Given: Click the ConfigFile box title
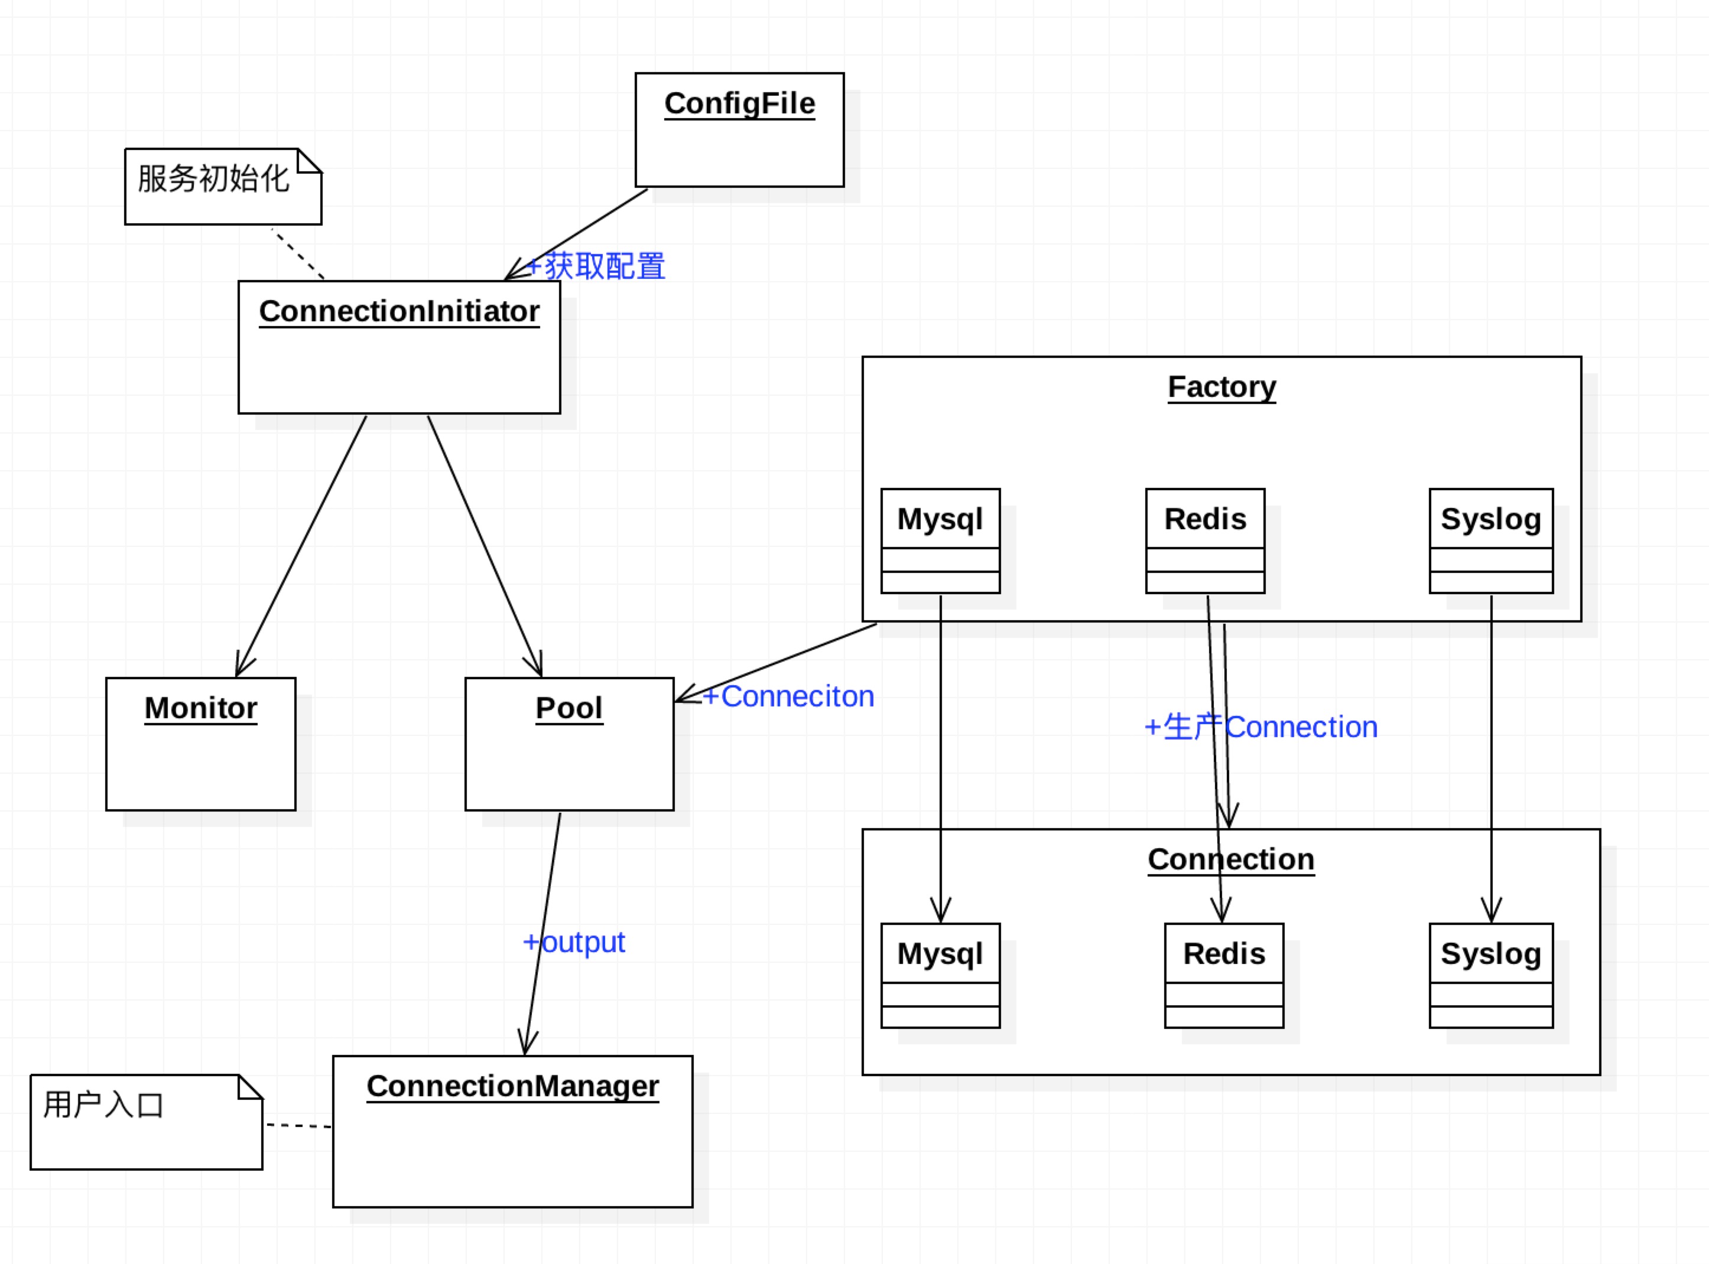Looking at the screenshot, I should click(739, 103).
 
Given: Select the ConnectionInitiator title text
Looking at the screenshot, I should click(399, 311).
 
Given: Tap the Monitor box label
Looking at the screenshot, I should click(200, 708).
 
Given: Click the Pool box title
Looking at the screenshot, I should click(568, 708).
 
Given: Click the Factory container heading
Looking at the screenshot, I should click(1221, 386).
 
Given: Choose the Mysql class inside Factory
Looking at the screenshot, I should click(940, 520).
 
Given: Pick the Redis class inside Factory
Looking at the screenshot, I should click(1205, 520).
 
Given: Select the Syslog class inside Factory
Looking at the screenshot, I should click(1490, 520).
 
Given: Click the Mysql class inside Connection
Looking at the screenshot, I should click(940, 954).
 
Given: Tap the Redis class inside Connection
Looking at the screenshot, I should click(1224, 954).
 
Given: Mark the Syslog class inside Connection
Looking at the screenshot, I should click(1490, 954).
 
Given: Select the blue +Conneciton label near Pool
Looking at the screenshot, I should click(788, 696).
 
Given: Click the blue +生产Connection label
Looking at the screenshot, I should click(1260, 727).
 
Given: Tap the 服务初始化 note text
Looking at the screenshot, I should click(213, 178).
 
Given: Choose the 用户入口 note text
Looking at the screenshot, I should click(103, 1105).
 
